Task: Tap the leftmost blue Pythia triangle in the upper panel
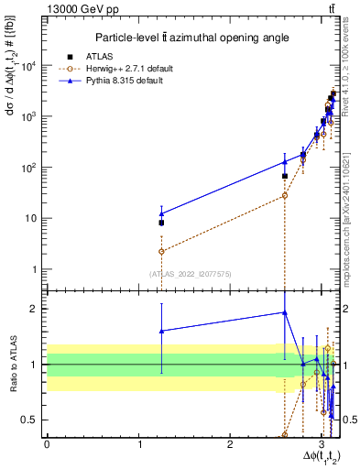click(161, 213)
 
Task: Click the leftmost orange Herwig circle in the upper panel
click(161, 251)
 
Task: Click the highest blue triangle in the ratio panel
click(285, 312)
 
